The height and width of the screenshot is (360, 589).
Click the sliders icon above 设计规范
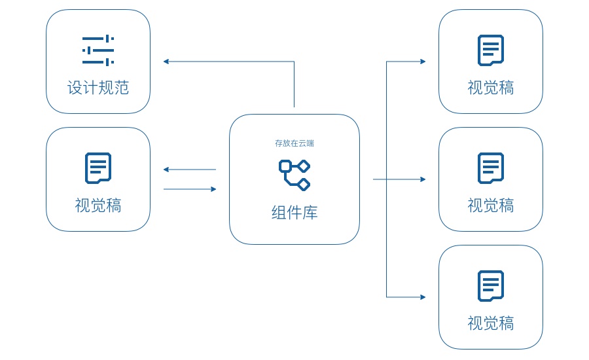click(x=98, y=50)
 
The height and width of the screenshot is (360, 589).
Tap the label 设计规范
click(x=98, y=88)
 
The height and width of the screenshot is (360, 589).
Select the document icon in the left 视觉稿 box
click(x=98, y=168)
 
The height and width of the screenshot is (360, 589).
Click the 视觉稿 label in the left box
click(x=98, y=206)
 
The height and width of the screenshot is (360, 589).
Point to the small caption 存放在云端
click(x=294, y=143)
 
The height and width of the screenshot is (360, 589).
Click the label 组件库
click(x=294, y=213)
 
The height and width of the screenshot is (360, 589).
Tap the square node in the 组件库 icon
click(x=285, y=166)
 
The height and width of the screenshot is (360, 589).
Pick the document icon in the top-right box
click(x=491, y=50)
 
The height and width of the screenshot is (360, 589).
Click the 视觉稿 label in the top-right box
click(x=491, y=88)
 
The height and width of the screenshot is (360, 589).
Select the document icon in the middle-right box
click(x=491, y=168)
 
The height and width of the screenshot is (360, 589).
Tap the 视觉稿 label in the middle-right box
click(x=491, y=206)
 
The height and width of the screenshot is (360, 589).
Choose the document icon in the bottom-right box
click(x=491, y=285)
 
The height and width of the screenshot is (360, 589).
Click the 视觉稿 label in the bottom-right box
click(x=491, y=323)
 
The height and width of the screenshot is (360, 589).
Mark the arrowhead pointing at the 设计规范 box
click(x=166, y=62)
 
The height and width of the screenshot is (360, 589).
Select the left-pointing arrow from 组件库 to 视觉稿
click(x=190, y=170)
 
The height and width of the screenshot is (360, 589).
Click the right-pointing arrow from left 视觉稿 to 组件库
click(x=190, y=189)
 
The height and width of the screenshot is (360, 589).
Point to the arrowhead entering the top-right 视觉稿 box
click(x=423, y=62)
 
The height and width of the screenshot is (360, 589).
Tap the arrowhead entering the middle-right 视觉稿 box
click(x=423, y=179)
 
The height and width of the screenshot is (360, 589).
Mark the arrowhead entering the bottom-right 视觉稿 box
click(x=423, y=297)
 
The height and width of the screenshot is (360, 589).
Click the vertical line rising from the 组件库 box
click(x=294, y=85)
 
